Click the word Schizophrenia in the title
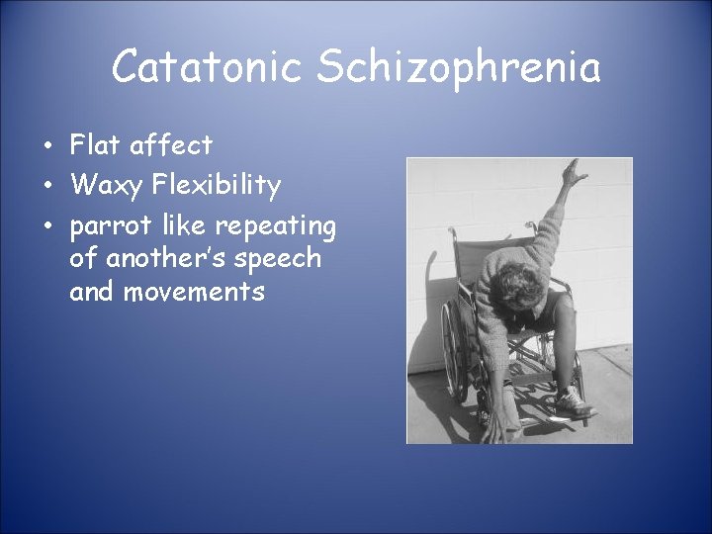(x=459, y=68)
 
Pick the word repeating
(x=277, y=226)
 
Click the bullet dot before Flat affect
(x=47, y=147)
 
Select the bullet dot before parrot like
(x=47, y=226)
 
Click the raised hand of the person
(x=571, y=176)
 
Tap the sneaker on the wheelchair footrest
(x=571, y=400)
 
